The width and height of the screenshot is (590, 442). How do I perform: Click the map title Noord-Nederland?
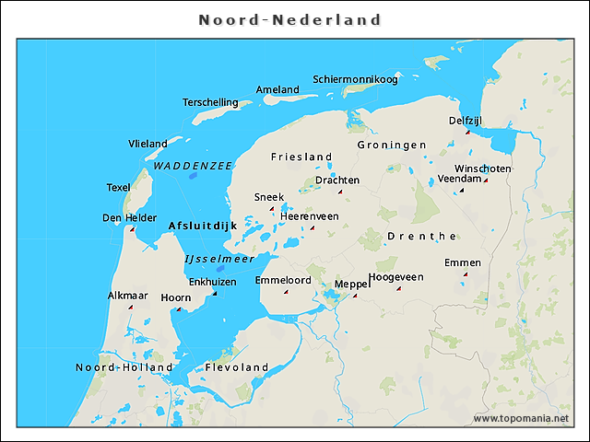pyautogui.click(x=290, y=19)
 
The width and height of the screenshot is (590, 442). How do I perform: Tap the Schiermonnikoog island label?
pyautogui.click(x=355, y=79)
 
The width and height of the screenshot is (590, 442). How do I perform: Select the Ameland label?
pyautogui.click(x=277, y=89)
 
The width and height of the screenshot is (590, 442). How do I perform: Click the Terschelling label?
pyautogui.click(x=210, y=102)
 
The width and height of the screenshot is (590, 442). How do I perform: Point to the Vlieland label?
pyautogui.click(x=147, y=144)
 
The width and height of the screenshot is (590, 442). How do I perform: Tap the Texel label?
pyautogui.click(x=118, y=187)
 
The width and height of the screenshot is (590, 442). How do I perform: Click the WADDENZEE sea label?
pyautogui.click(x=193, y=166)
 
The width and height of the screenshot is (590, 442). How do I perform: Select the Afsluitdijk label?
pyautogui.click(x=203, y=226)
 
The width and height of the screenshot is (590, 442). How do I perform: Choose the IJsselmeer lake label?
pyautogui.click(x=219, y=259)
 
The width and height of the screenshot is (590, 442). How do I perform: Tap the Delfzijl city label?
pyautogui.click(x=466, y=121)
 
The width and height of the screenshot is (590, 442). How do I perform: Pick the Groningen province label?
pyautogui.click(x=392, y=145)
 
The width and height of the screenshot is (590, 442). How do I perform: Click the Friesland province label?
pyautogui.click(x=301, y=157)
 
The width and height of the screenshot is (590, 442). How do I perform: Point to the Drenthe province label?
pyautogui.click(x=422, y=236)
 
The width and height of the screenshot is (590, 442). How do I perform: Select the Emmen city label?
pyautogui.click(x=462, y=262)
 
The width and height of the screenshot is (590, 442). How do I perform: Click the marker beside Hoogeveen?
pyautogui.click(x=398, y=288)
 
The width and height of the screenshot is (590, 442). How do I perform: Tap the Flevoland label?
pyautogui.click(x=236, y=367)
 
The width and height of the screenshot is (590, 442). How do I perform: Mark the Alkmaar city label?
pyautogui.click(x=127, y=296)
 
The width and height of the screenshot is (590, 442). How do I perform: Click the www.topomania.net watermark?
pyautogui.click(x=521, y=419)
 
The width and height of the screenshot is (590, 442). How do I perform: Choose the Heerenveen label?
pyautogui.click(x=310, y=215)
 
